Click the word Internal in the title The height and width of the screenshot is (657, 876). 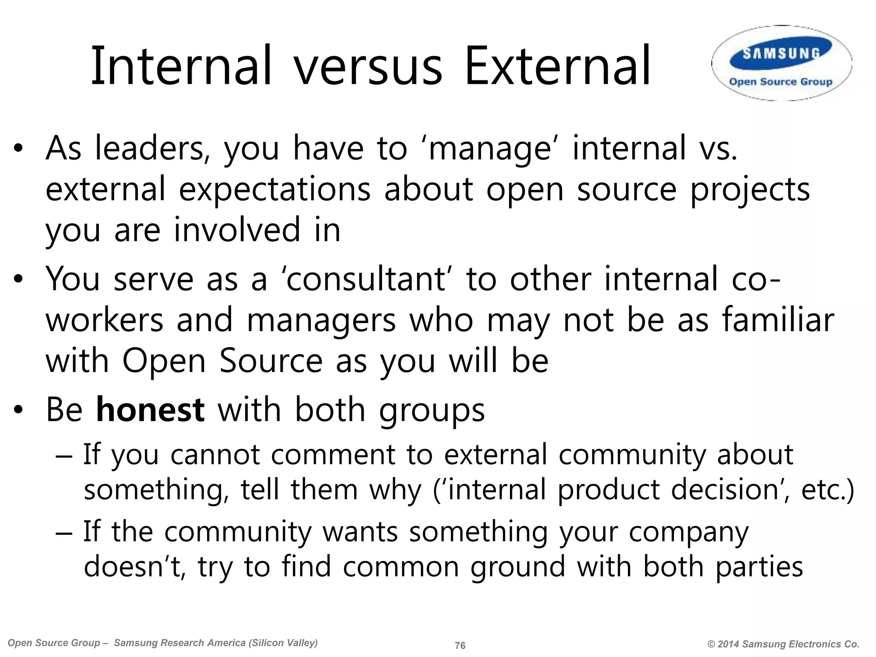tap(181, 66)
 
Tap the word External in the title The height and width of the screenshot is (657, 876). tap(557, 66)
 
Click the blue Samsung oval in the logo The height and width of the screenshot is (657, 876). tap(781, 53)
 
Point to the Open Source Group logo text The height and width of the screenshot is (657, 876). tap(781, 82)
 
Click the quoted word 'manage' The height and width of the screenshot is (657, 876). tap(489, 149)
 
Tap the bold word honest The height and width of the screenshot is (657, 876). tap(150, 410)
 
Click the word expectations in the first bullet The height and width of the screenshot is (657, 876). tap(274, 189)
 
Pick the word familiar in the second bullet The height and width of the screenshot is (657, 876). tap(778, 320)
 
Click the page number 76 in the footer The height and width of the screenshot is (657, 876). tap(460, 645)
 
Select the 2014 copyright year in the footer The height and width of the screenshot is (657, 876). tap(728, 644)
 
